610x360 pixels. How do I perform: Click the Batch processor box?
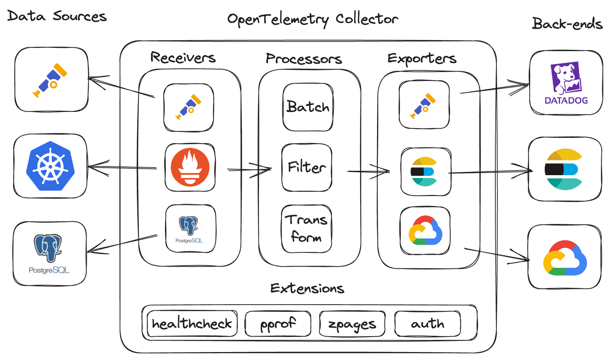(308, 107)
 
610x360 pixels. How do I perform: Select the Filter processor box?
(307, 168)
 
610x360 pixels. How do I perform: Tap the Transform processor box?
(306, 229)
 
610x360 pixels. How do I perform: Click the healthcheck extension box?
(191, 324)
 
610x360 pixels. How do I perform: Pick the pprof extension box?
(278, 324)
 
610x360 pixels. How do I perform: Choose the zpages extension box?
(352, 324)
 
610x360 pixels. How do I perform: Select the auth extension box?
(427, 324)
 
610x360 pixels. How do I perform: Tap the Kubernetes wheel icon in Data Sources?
(50, 166)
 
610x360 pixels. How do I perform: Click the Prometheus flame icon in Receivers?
(190, 167)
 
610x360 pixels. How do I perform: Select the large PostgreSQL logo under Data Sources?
(49, 254)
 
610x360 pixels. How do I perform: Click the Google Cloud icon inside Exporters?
(425, 231)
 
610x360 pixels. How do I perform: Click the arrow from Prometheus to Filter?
(250, 170)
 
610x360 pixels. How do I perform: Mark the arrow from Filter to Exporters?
(369, 171)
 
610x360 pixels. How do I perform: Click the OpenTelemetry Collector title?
(313, 19)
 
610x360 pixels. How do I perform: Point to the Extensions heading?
(307, 288)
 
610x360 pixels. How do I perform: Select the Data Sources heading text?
(57, 16)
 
